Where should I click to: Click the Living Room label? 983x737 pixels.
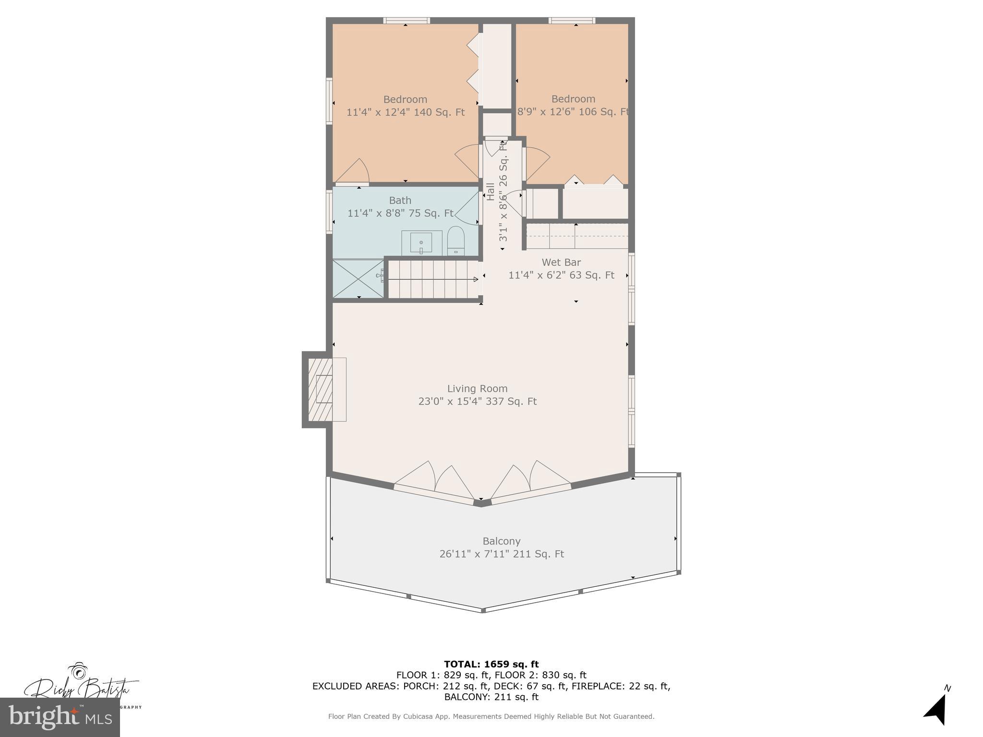click(477, 389)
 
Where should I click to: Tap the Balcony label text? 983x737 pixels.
click(502, 541)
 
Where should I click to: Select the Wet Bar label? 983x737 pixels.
click(561, 262)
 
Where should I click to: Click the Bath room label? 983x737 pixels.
click(400, 201)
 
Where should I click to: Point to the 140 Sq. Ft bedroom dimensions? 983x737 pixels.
click(406, 112)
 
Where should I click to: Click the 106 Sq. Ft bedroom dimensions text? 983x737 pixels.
click(573, 112)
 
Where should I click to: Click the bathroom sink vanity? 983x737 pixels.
click(421, 243)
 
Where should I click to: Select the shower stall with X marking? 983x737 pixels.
click(358, 279)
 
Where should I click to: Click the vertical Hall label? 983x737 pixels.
click(491, 191)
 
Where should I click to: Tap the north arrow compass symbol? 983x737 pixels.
click(936, 708)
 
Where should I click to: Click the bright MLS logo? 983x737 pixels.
click(60, 717)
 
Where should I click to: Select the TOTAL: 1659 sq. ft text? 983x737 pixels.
click(491, 664)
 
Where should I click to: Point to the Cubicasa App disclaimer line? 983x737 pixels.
click(491, 716)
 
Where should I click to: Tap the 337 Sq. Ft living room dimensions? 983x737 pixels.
click(477, 402)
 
